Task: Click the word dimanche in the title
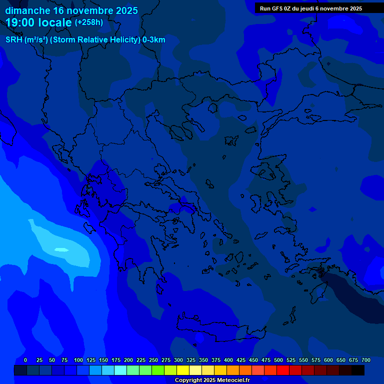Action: [x=27, y=10]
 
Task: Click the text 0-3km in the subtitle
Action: [x=154, y=40]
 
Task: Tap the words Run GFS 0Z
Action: [x=278, y=8]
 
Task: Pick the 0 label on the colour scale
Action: [x=25, y=360]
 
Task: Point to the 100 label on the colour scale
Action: [x=78, y=360]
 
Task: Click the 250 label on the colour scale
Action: [x=153, y=360]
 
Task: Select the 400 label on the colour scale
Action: [x=228, y=360]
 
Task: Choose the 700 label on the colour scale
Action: [x=366, y=360]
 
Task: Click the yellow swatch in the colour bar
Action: [x=183, y=370]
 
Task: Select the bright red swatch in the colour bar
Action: [x=283, y=370]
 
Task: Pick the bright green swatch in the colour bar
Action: [x=158, y=370]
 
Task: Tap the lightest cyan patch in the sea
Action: [x=61, y=249]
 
